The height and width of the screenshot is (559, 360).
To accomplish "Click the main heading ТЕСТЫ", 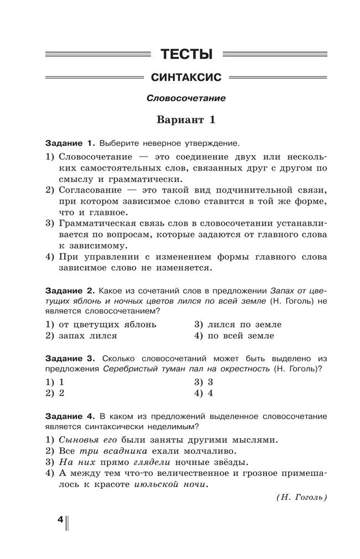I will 187,54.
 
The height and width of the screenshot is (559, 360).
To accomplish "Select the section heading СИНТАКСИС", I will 186,77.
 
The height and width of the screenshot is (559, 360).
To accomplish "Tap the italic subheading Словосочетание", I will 186,99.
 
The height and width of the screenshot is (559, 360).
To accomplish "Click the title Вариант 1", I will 186,120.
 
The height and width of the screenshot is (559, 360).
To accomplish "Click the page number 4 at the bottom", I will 60,521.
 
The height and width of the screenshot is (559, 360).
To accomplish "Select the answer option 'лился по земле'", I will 244,324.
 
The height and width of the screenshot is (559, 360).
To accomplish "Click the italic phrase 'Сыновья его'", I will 89,440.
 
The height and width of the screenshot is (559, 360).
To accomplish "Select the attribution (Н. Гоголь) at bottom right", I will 301,497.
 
